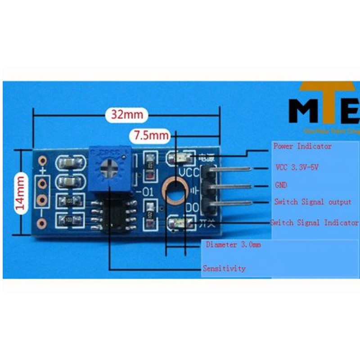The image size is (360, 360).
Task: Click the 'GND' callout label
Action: (x=281, y=185)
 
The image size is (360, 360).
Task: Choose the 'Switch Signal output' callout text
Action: (x=313, y=202)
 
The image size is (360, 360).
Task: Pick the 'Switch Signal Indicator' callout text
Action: (x=314, y=222)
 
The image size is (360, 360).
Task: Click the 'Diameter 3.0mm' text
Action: (x=233, y=245)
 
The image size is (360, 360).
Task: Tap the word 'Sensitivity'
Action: (x=225, y=268)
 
